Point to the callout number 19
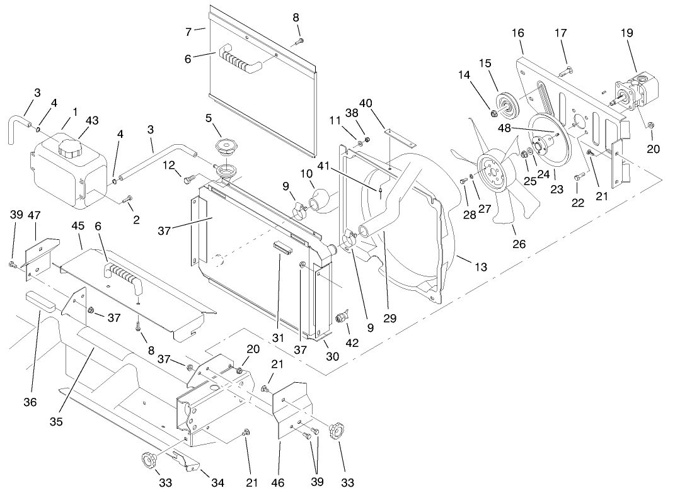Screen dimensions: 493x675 tap(626, 32)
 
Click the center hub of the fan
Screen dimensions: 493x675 tap(490, 169)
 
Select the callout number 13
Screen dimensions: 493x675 tap(481, 267)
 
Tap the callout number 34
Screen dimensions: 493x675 tap(217, 483)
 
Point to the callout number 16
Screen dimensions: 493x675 tap(519, 32)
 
